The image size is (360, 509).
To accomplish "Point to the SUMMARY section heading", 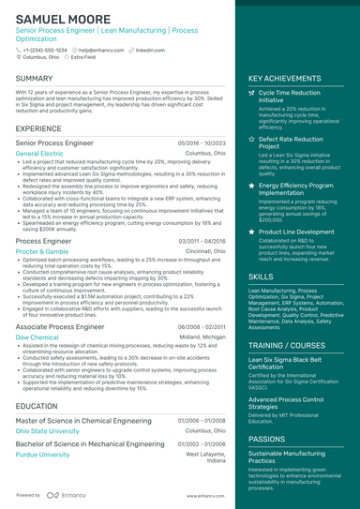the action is point(35,79).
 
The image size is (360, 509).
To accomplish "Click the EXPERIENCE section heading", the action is point(39,127).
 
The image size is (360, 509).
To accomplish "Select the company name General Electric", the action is point(40,152).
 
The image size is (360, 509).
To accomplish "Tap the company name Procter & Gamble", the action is point(42,252).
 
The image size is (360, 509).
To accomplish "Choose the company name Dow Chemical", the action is point(37,337).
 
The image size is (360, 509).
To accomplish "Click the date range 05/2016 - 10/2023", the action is point(202,142).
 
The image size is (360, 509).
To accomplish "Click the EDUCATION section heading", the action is point(37,406).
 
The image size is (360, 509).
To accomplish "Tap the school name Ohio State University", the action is point(48,431).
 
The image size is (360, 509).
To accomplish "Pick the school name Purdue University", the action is point(43,455).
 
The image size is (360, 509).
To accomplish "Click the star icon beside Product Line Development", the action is point(251,231).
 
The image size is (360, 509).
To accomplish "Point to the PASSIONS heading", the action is point(267,438).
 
